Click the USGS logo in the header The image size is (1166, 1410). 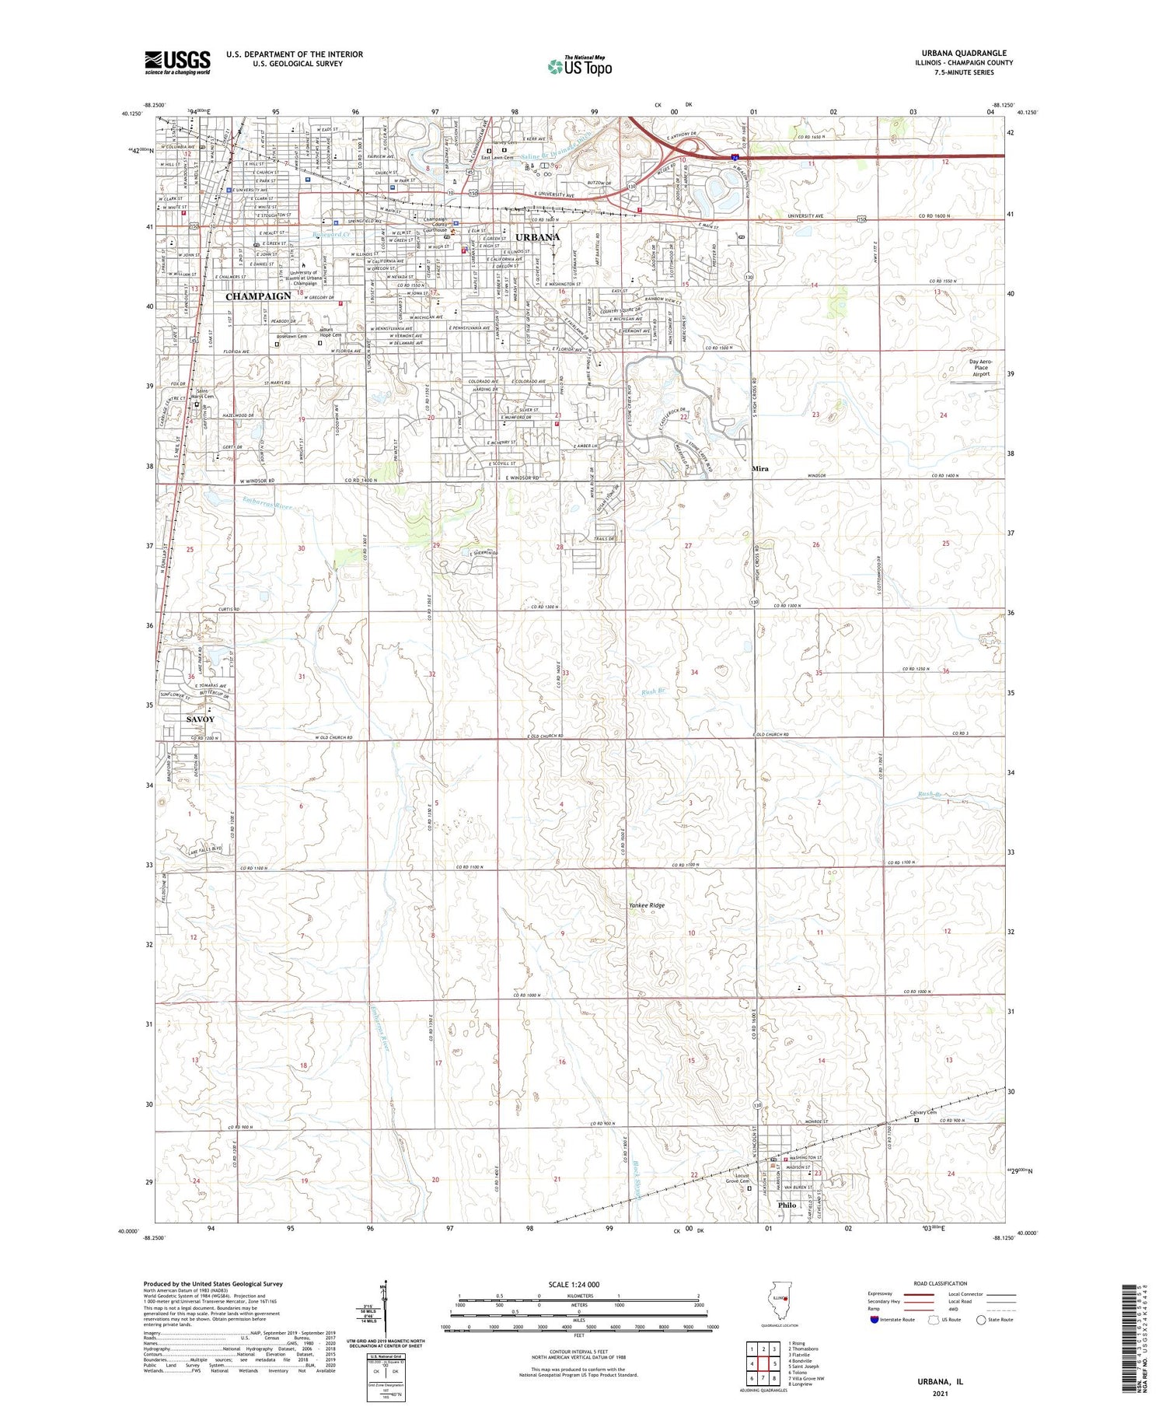pos(177,62)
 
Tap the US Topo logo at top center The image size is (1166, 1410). pos(579,66)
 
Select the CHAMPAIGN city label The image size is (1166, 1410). pos(258,296)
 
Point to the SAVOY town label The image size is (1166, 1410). pos(200,719)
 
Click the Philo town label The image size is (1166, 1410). pos(787,1205)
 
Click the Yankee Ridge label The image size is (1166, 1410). pos(646,905)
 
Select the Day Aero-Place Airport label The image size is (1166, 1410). pos(981,368)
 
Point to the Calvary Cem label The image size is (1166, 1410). pos(923,1113)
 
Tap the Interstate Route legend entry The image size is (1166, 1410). pos(892,1320)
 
